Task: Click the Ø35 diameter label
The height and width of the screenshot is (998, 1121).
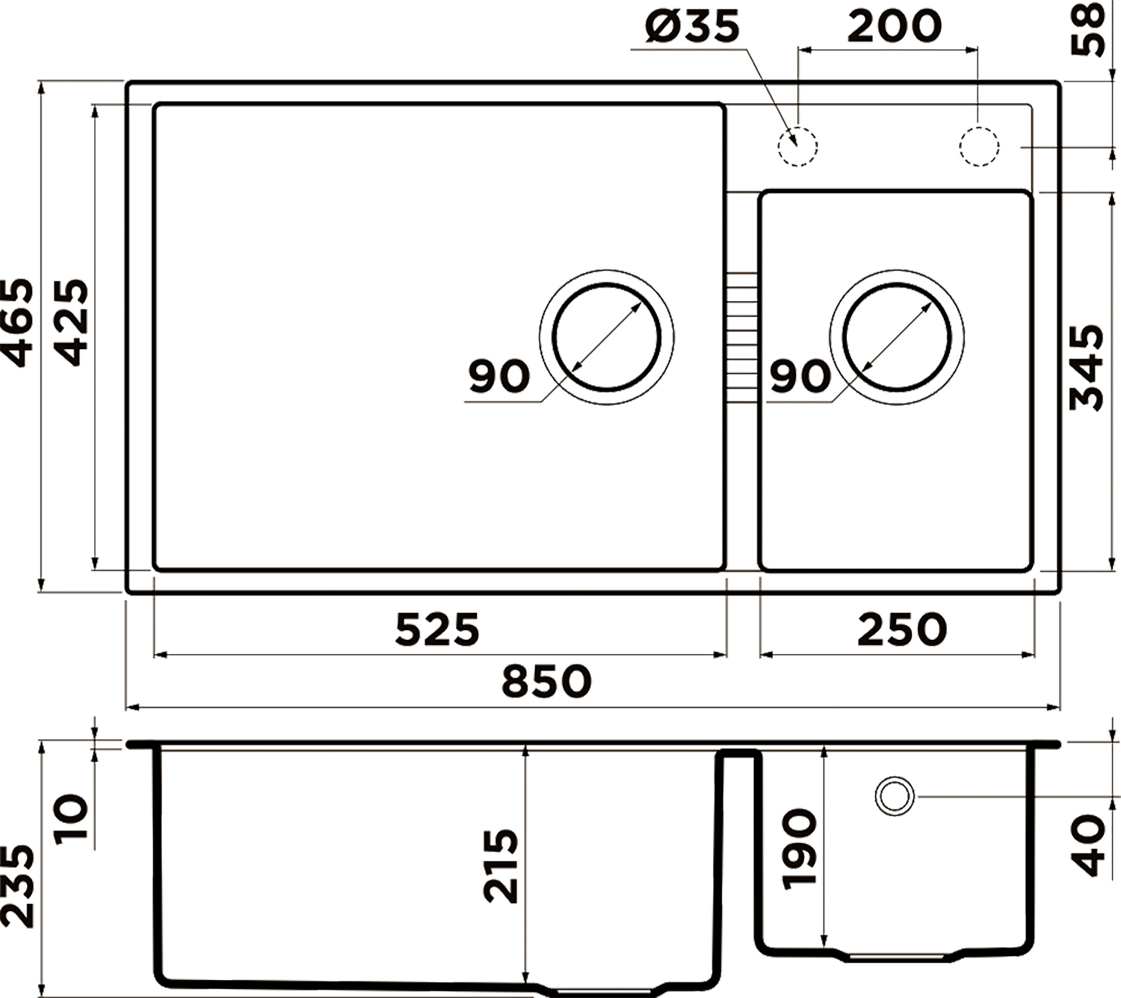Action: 692,27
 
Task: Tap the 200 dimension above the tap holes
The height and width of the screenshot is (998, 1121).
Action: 894,26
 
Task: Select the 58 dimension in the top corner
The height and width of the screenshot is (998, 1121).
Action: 1087,29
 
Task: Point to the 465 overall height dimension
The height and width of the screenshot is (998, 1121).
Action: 18,322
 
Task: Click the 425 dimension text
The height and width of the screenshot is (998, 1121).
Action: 72,322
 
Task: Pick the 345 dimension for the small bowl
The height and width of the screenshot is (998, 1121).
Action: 1087,367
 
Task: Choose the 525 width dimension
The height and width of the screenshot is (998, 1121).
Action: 437,630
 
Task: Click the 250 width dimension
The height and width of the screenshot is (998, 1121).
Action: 903,629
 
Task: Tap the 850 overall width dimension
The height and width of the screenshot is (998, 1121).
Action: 546,681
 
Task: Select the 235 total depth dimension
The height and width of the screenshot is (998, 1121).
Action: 17,886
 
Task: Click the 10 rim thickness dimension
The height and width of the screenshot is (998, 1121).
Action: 72,817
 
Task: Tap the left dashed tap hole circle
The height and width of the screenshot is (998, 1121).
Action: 797,147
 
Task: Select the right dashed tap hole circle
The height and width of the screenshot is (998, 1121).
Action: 979,147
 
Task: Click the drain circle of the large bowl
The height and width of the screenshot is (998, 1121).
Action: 607,284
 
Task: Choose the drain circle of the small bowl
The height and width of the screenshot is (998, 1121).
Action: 897,284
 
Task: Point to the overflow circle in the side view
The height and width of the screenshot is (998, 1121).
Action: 895,777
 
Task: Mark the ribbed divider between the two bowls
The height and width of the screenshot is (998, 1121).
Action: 742,337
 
